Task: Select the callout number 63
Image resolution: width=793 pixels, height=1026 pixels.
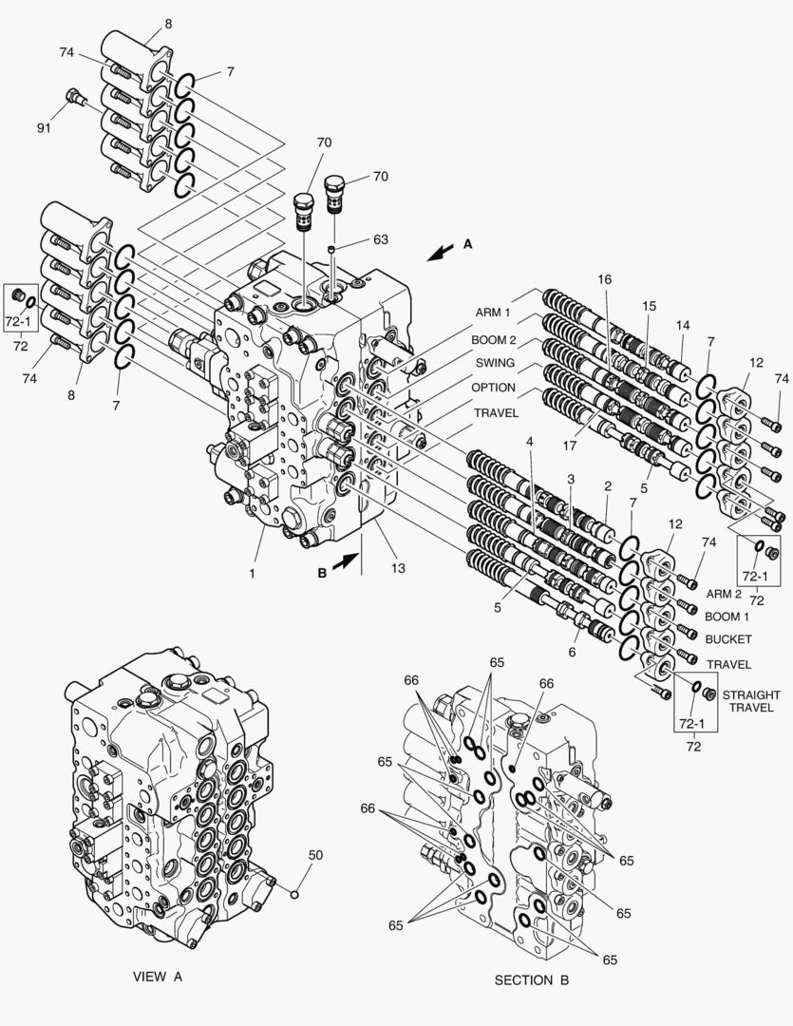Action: tap(380, 240)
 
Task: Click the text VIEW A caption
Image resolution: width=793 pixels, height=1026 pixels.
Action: tap(157, 976)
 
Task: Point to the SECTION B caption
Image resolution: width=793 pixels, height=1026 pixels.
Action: tap(531, 979)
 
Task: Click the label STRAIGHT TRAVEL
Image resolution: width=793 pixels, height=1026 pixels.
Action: tap(750, 701)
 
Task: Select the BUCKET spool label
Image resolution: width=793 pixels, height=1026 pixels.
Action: tap(728, 639)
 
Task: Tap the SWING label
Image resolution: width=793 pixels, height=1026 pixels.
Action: tap(494, 363)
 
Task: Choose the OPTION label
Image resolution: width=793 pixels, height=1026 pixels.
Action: tap(494, 388)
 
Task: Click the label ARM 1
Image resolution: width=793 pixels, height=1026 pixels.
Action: tap(494, 313)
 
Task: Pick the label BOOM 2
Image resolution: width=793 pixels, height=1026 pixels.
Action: tap(494, 338)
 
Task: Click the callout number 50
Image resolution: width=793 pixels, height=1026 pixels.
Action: tap(315, 855)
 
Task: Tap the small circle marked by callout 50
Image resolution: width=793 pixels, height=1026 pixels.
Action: tap(295, 893)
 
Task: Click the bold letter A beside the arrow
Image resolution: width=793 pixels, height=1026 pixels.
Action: tap(467, 244)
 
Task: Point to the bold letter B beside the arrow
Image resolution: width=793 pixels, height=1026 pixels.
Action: tap(321, 574)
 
